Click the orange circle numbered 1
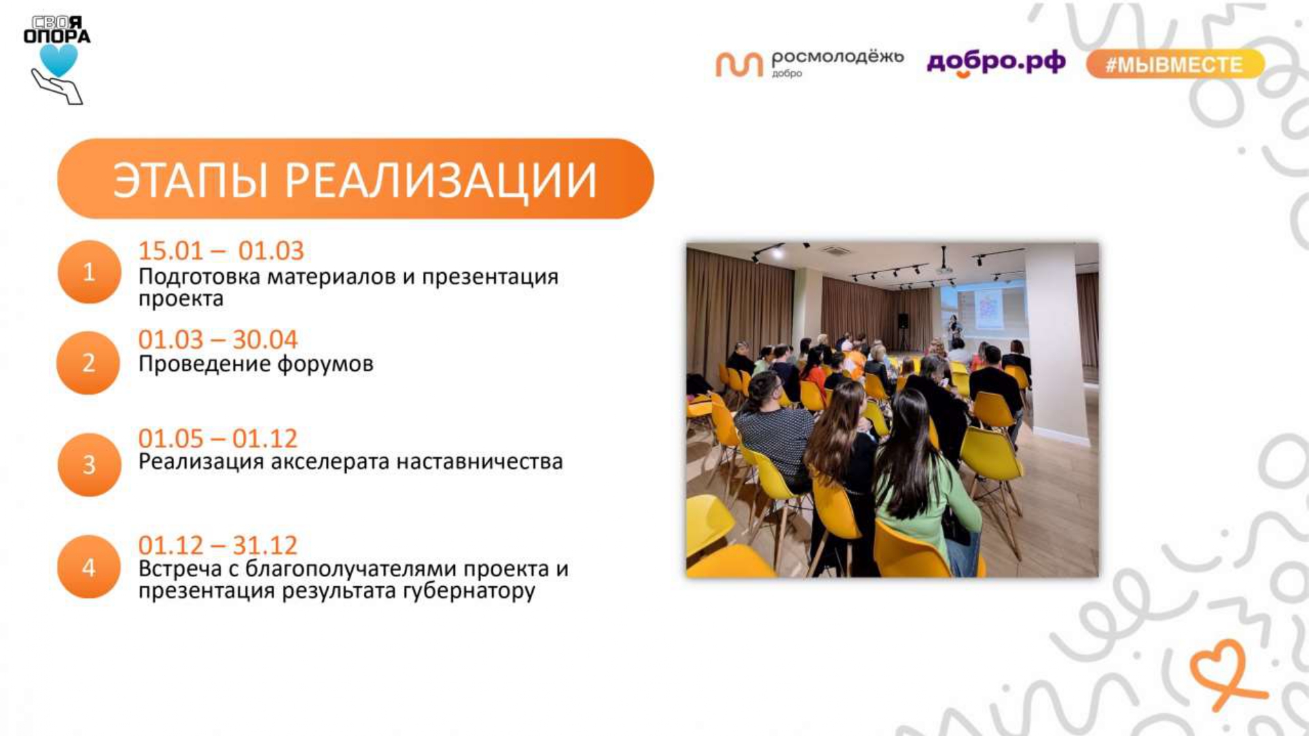89,272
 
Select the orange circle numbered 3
89,464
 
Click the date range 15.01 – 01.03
221,251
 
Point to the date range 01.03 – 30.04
217,340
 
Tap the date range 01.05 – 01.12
217,438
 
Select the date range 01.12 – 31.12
217,545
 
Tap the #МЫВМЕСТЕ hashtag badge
1174,64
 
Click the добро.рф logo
996,61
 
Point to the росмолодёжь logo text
837,57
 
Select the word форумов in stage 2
325,364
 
